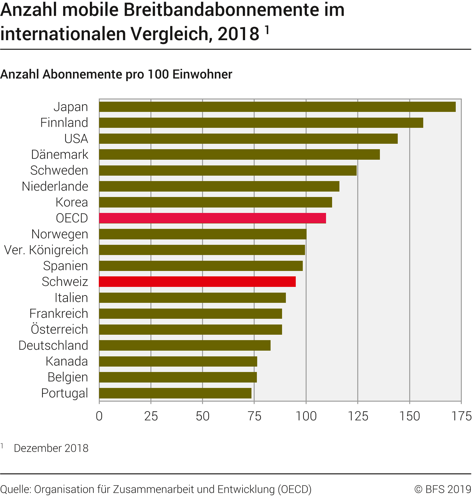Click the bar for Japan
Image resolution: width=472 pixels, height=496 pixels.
click(x=277, y=107)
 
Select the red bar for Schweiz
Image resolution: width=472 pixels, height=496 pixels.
click(x=197, y=282)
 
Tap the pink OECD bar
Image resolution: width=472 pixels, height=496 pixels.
click(x=212, y=218)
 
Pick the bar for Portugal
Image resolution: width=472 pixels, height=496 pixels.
click(x=175, y=393)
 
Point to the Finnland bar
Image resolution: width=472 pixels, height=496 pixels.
click(x=261, y=123)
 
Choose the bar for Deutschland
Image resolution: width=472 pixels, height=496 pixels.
click(x=185, y=345)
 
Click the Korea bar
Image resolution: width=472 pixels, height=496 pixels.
click(x=215, y=202)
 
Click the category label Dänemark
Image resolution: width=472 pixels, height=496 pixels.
click(x=60, y=155)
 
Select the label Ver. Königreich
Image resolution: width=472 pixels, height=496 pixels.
click(x=46, y=250)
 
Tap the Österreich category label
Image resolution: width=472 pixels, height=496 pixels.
click(x=59, y=330)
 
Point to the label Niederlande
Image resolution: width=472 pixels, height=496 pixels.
click(x=55, y=186)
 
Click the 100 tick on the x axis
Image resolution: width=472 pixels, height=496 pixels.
click(x=306, y=416)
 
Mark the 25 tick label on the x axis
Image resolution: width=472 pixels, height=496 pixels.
click(x=151, y=416)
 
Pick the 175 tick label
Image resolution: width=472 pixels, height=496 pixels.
click(x=461, y=416)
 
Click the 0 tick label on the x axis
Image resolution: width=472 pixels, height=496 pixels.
click(x=99, y=416)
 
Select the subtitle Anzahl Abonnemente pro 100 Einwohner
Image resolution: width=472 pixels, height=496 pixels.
click(x=116, y=74)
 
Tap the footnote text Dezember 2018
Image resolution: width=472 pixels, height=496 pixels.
click(x=51, y=448)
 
